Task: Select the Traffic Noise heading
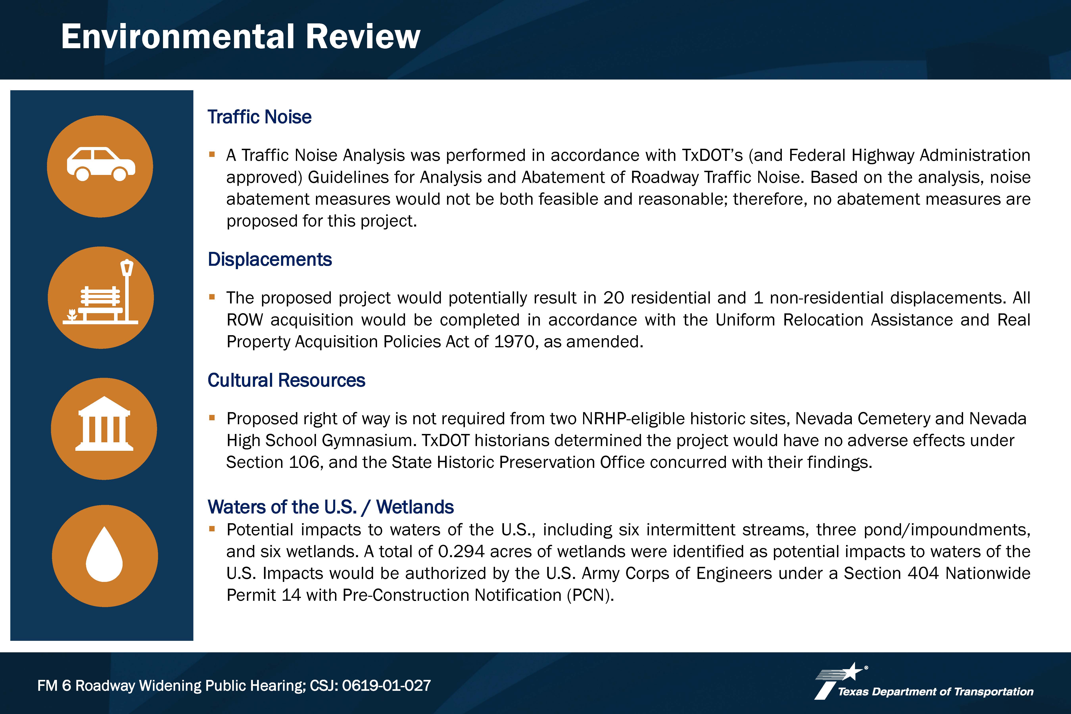260,117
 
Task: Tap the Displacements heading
270,260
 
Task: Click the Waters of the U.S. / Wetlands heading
331,507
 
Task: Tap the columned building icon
104,423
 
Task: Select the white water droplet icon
104,554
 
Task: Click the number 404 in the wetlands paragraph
923,573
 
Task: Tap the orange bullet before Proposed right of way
212,417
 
